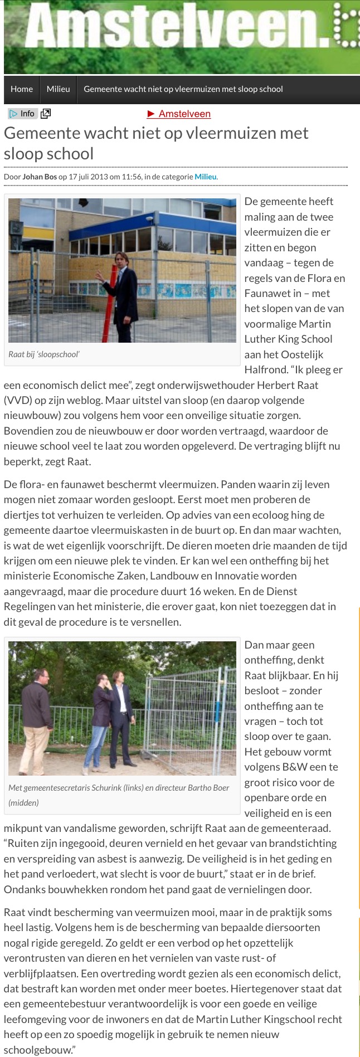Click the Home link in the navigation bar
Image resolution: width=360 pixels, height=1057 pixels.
22,89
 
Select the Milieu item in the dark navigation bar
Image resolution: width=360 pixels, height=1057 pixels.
59,89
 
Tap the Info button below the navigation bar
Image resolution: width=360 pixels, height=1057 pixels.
22,114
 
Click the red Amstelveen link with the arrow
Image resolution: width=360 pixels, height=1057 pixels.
179,114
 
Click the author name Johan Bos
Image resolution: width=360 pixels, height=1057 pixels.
40,177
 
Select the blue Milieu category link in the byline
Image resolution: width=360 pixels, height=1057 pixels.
205,177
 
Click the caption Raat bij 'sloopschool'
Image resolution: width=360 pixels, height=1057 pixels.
44,354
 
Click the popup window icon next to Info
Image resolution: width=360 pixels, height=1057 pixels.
46,114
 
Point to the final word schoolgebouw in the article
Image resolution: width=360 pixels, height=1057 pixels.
36,1050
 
